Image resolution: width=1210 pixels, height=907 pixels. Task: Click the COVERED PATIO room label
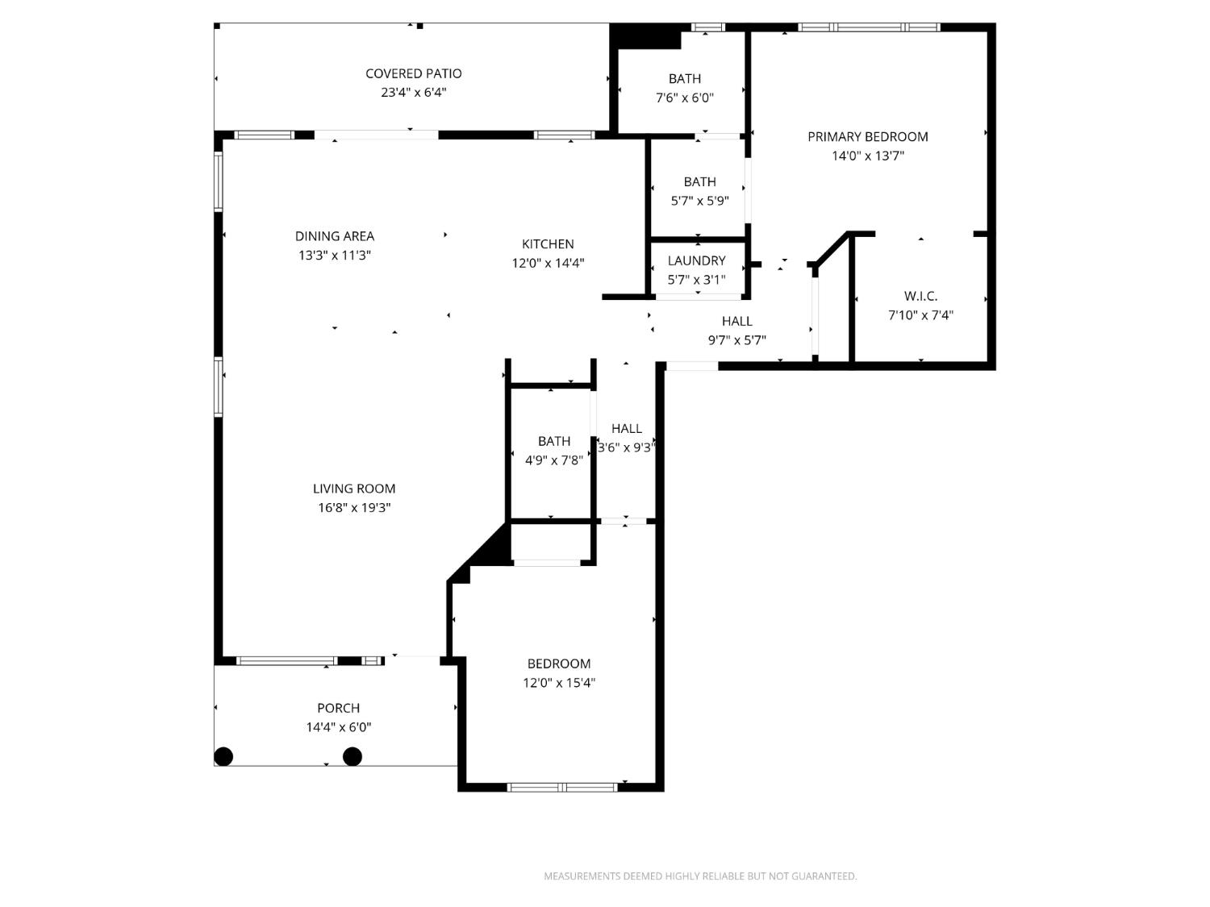[413, 73]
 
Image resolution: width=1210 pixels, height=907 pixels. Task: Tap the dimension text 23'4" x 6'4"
[413, 93]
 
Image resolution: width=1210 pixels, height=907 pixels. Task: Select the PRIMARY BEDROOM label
[867, 137]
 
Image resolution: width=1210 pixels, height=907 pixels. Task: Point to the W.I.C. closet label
[920, 296]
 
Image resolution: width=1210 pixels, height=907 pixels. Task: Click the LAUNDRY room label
[696, 260]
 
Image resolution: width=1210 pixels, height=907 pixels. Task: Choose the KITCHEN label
[548, 244]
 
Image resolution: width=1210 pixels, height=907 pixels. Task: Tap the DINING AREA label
[334, 236]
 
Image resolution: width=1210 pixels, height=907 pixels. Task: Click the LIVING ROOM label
[354, 489]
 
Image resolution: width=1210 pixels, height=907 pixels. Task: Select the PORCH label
[338, 708]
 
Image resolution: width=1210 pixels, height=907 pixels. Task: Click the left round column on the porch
[223, 756]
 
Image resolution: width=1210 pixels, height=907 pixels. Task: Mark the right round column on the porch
[353, 756]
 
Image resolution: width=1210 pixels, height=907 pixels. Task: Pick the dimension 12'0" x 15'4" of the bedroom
[559, 683]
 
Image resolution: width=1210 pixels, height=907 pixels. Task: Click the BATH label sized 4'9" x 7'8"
[554, 441]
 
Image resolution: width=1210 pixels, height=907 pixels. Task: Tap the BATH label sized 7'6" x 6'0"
[684, 79]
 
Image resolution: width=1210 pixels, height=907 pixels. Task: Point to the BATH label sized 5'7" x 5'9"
[699, 182]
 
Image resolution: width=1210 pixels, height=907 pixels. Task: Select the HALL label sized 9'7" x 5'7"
[737, 321]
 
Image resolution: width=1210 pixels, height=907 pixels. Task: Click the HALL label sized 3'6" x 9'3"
[627, 429]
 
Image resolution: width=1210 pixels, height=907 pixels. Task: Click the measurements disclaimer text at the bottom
[699, 876]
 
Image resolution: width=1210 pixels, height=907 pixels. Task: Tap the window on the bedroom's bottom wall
[562, 787]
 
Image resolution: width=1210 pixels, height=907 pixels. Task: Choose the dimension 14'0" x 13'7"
[867, 156]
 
